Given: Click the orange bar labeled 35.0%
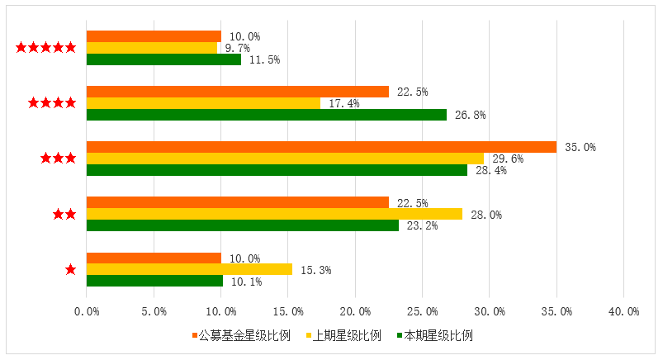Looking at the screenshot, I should [x=322, y=147].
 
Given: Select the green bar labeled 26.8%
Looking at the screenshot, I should [x=267, y=115].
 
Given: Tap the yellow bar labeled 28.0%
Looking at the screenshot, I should [x=274, y=214].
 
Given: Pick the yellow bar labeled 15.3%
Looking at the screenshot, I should [x=189, y=269].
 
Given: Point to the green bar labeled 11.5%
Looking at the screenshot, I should [x=163, y=59].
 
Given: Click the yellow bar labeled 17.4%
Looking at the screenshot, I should [x=203, y=103].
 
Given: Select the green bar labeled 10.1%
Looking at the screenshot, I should [x=154, y=281].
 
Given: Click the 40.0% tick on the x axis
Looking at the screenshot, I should [x=623, y=311].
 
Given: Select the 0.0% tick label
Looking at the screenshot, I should [x=87, y=311].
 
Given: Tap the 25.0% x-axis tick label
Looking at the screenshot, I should [x=422, y=311].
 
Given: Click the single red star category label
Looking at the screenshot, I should [x=70, y=269].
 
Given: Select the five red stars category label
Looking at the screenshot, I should [x=47, y=48].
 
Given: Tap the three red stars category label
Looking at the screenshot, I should [x=59, y=159].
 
